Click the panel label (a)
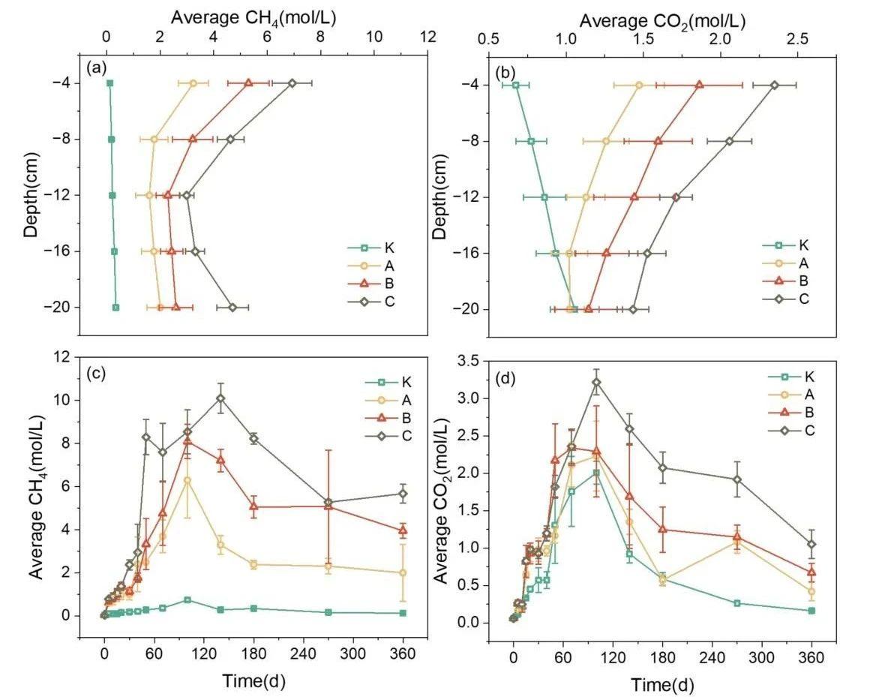[96, 68]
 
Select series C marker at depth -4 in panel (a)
[292, 83]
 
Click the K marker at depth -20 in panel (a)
[116, 308]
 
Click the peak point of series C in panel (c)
[220, 398]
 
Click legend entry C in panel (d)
[808, 431]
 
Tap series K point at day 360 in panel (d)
[811, 611]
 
